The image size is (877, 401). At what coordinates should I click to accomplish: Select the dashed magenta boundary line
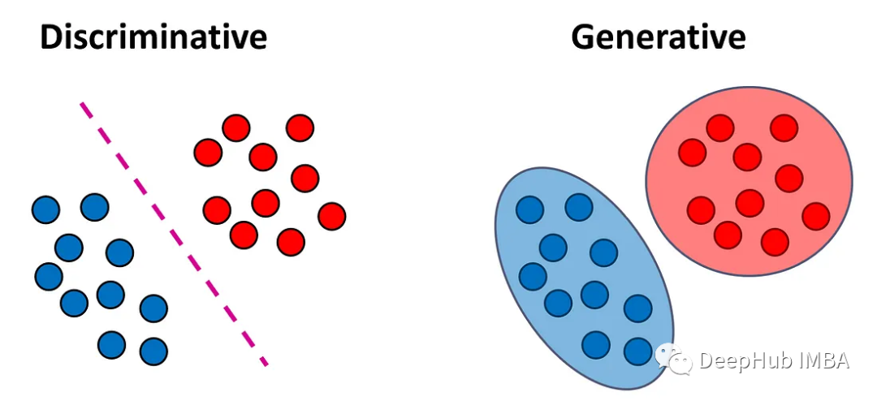[174, 234]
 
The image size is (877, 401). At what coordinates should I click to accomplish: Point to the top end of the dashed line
[82, 103]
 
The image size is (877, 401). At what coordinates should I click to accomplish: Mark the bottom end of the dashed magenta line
[267, 365]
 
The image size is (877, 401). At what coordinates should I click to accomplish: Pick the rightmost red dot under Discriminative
[332, 217]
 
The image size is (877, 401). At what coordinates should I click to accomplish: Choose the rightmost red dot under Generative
[816, 217]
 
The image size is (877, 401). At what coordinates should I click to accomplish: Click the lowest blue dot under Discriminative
[153, 351]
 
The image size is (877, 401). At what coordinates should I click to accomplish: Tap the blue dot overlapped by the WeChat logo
[638, 351]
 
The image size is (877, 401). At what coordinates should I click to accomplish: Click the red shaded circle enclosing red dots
[750, 182]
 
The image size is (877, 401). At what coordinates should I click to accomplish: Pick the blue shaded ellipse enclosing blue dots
[585, 278]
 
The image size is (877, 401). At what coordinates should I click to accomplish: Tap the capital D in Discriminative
[51, 37]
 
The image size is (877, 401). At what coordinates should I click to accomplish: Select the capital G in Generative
[582, 37]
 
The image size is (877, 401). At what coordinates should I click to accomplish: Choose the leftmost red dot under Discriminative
[208, 153]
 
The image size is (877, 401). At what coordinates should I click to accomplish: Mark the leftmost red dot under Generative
[693, 152]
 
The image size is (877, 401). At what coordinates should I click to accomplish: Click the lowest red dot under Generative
[775, 242]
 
